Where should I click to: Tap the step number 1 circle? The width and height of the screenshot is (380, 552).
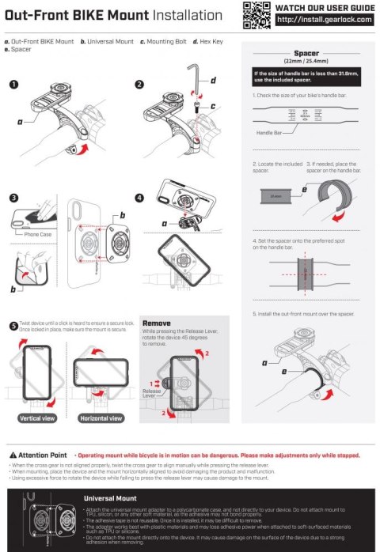pos(15,85)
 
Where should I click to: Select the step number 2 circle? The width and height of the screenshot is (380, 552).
pos(139,85)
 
